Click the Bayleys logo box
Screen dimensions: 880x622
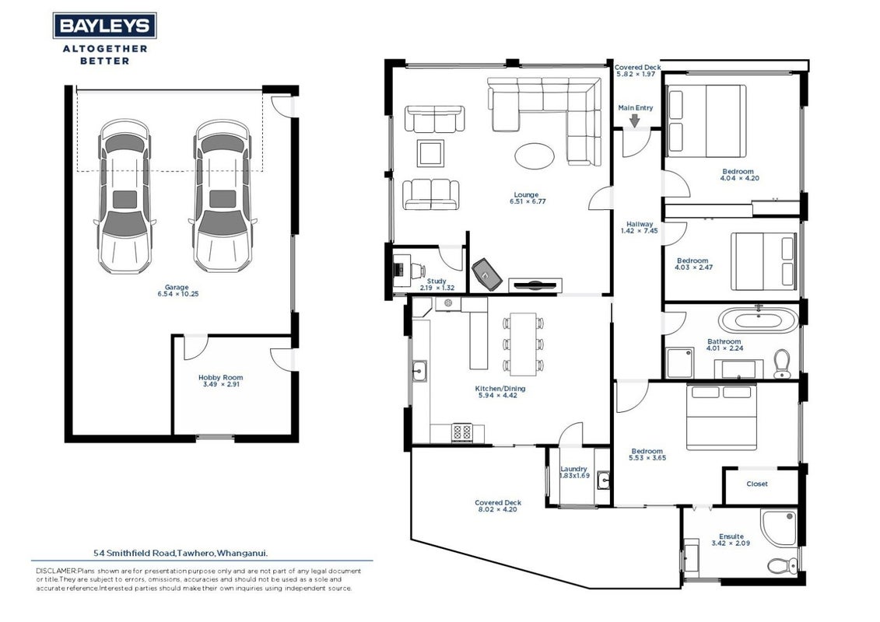[x=104, y=26]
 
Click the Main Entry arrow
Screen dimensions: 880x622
[x=635, y=121]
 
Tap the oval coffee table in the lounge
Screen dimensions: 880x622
[x=535, y=156]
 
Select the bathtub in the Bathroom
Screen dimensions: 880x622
[x=758, y=321]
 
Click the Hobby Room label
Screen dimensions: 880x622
[x=220, y=377]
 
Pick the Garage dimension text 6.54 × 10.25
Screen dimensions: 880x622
[x=178, y=294]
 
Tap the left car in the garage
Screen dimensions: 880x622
[x=124, y=196]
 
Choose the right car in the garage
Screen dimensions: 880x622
[x=223, y=196]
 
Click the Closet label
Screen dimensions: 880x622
[x=756, y=484]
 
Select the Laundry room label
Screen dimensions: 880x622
[x=573, y=469]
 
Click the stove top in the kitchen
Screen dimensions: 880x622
[x=462, y=432]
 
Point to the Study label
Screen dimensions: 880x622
[x=436, y=281]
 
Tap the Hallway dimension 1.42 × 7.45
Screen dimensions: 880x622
[x=640, y=230]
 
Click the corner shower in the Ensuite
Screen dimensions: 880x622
[x=778, y=527]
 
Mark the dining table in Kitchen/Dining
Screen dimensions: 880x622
[x=523, y=344]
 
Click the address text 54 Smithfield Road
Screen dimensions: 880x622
[x=135, y=553]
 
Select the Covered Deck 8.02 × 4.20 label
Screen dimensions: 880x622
[x=498, y=506]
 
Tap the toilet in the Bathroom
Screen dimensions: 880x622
[x=781, y=363]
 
